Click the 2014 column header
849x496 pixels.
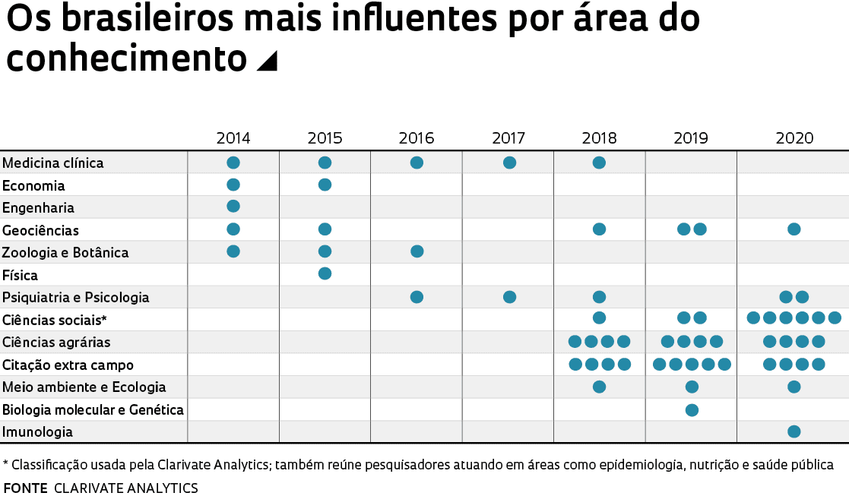click(233, 138)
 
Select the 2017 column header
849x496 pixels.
click(508, 138)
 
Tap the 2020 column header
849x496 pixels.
click(794, 138)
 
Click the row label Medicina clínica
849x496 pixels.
click(53, 163)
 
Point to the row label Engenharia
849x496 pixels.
click(39, 207)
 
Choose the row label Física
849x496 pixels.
click(20, 275)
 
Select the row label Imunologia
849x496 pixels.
click(38, 432)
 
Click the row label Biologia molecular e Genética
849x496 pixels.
click(93, 409)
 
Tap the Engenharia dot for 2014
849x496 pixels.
click(233, 206)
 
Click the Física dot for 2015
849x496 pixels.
click(325, 273)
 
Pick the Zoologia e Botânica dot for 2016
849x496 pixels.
click(417, 251)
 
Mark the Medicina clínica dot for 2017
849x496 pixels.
click(509, 163)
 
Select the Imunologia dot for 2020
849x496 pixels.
click(794, 431)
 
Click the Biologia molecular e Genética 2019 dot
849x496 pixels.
click(692, 410)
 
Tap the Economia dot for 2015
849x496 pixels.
click(325, 185)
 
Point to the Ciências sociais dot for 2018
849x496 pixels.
click(599, 318)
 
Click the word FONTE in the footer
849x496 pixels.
click(26, 488)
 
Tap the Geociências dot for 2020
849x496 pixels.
click(794, 229)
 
